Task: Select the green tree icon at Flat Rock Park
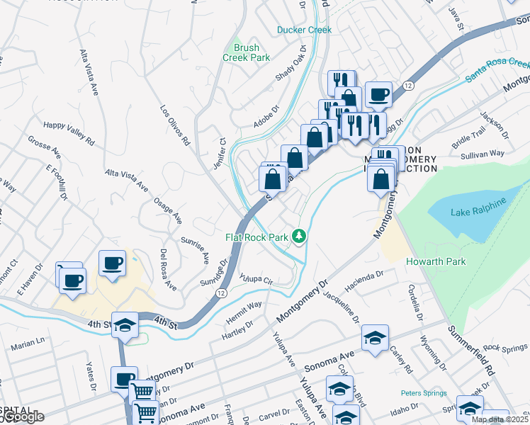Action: coord(300,236)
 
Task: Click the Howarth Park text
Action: coord(436,261)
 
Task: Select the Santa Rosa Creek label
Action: coord(497,71)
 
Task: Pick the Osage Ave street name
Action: coord(168,210)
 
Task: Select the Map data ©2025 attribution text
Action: coord(500,419)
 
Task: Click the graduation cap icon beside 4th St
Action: coord(125,325)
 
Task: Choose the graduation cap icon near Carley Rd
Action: coord(375,337)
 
